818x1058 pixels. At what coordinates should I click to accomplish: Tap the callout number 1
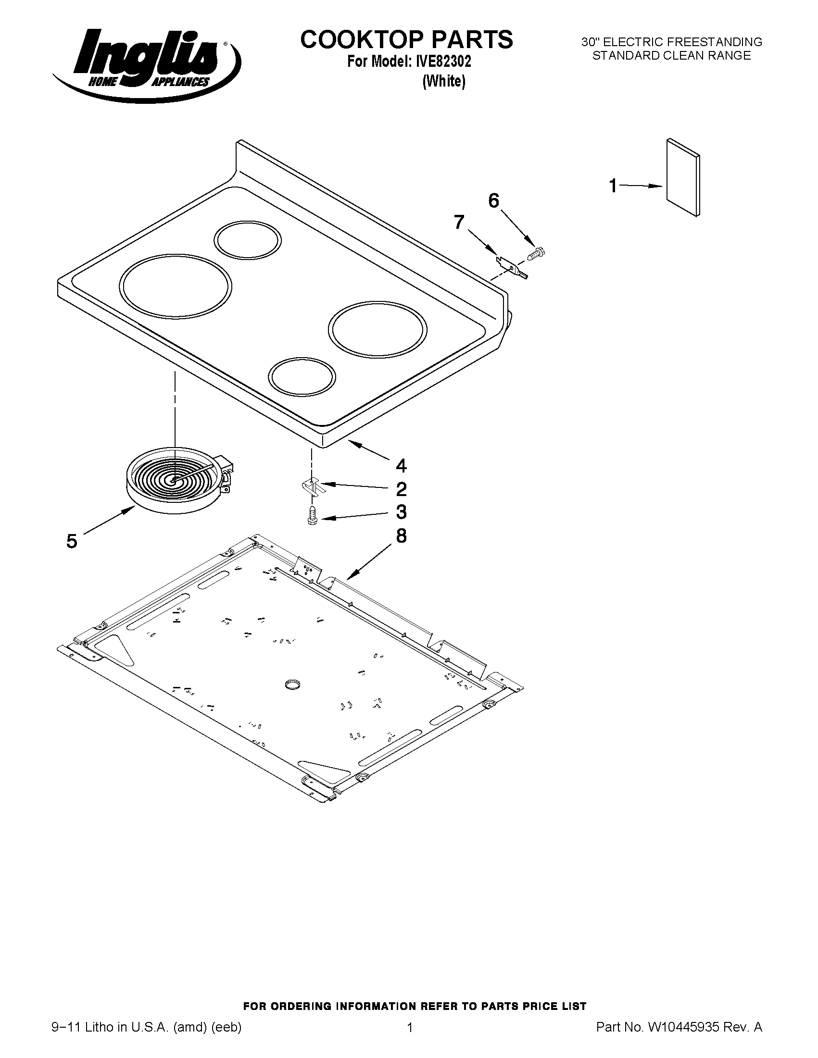[613, 186]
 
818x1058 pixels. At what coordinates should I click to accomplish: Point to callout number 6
[493, 200]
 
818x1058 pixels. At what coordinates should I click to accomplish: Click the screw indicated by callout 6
[536, 253]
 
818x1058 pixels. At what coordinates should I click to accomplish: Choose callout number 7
[459, 222]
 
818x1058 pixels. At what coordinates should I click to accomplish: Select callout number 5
[72, 541]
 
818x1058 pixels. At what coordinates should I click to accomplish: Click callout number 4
[401, 466]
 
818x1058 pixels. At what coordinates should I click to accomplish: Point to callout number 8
[401, 536]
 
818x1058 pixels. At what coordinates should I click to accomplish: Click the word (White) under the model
[444, 81]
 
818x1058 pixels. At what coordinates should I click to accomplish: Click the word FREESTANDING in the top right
[716, 42]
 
